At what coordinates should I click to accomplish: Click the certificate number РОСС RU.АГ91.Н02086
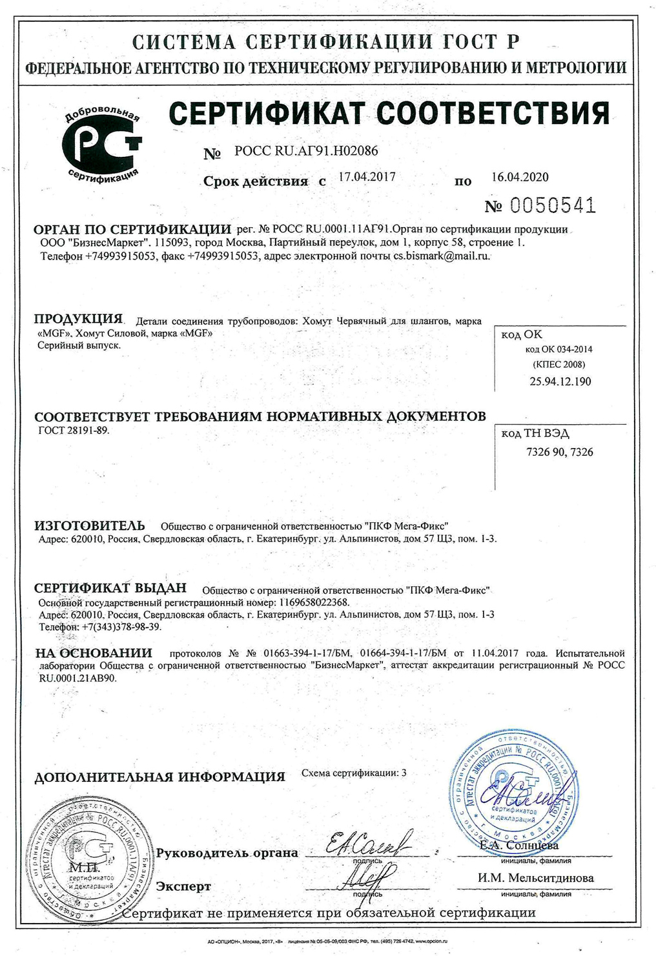click(x=306, y=152)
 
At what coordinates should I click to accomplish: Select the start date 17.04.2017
click(x=367, y=176)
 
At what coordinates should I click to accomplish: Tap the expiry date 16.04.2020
click(x=520, y=178)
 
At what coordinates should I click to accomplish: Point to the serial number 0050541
click(x=553, y=206)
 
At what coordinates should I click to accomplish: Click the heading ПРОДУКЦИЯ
click(x=78, y=318)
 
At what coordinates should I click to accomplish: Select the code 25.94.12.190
click(x=560, y=381)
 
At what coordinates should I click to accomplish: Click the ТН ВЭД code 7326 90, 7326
click(x=560, y=452)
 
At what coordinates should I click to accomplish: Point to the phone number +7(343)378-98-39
click(x=122, y=627)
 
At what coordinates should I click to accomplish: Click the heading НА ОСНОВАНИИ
click(x=94, y=653)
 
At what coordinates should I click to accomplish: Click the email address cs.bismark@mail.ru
click(x=442, y=256)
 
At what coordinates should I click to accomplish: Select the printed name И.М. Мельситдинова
click(x=535, y=878)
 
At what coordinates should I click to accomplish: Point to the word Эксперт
click(x=183, y=886)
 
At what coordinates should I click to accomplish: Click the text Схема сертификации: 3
click(x=354, y=773)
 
